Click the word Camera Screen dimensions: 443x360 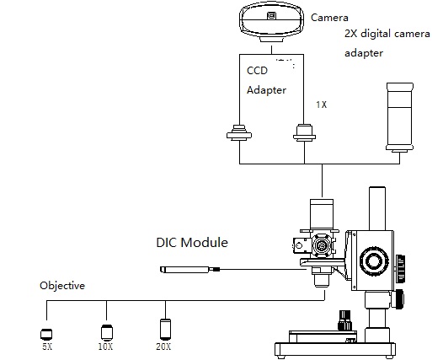click(x=329, y=18)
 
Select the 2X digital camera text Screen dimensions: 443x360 click(x=387, y=34)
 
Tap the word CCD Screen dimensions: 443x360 click(x=257, y=71)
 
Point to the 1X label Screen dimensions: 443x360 click(x=321, y=105)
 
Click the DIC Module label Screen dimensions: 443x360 click(x=192, y=242)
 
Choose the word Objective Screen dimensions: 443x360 click(x=62, y=286)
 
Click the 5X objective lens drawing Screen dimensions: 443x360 click(x=46, y=334)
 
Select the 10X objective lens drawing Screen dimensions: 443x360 click(x=106, y=332)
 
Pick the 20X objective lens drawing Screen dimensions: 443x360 click(x=165, y=329)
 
